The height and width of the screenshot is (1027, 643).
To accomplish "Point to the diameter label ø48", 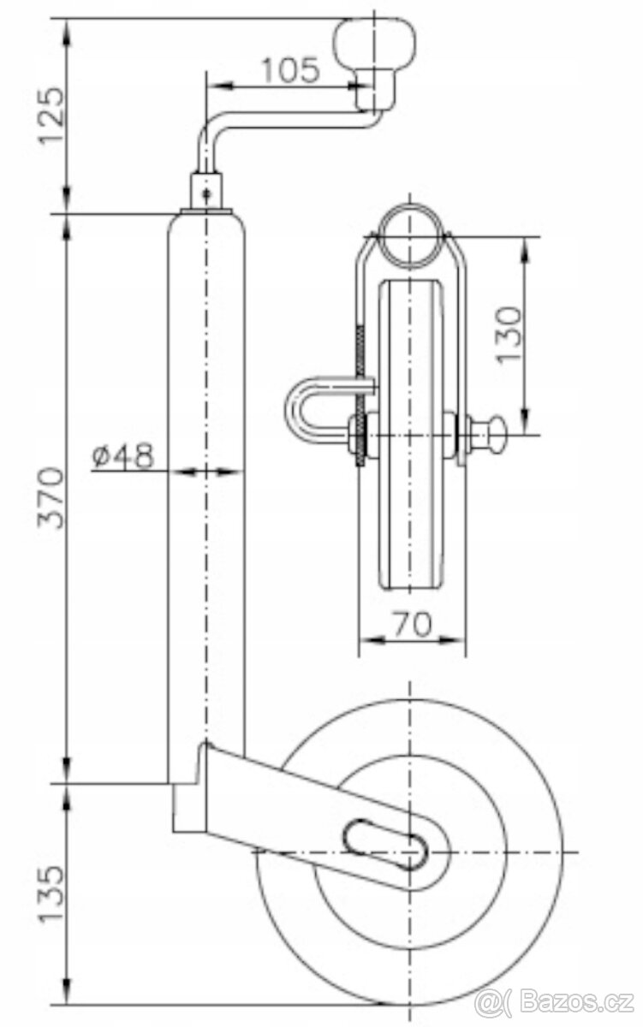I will [122, 456].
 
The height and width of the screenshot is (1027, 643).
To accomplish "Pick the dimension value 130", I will [509, 333].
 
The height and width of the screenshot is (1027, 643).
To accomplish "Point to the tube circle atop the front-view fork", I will [410, 234].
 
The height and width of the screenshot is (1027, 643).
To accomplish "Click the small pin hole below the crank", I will [206, 193].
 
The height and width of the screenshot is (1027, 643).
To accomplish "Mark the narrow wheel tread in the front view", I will [410, 436].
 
